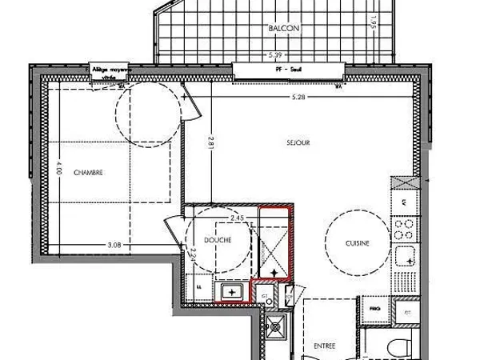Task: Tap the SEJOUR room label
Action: (298, 142)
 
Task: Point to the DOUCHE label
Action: (218, 240)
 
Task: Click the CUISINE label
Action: (357, 244)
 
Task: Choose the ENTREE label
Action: (324, 346)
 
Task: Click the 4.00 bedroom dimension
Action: (58, 170)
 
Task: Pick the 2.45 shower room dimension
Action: (237, 217)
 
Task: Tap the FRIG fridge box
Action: (373, 306)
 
